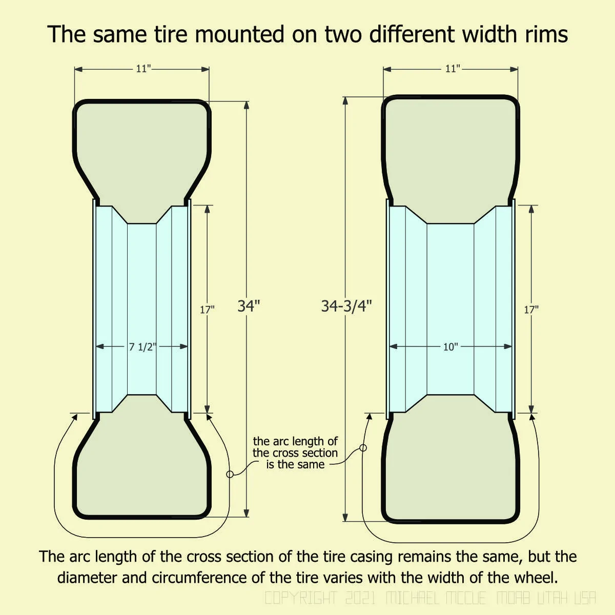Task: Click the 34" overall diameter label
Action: pos(249,306)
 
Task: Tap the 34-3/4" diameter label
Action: pos(346,306)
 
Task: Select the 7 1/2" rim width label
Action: pos(142,346)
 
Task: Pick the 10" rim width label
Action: pos(450,346)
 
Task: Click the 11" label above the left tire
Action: pos(143,69)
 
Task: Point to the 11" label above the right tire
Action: pos(453,69)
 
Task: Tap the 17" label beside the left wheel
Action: pos(207,310)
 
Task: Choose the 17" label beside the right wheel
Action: pos(531,310)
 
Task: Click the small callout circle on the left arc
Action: pos(230,474)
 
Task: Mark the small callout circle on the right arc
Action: pos(363,448)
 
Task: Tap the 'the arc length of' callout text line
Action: pos(295,441)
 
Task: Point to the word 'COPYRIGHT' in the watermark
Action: pos(301,598)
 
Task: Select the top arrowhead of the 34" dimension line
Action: pos(247,105)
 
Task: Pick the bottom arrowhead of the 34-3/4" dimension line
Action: pos(345,518)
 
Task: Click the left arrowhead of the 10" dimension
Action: pos(394,346)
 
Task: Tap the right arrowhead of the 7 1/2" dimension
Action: pos(184,346)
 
